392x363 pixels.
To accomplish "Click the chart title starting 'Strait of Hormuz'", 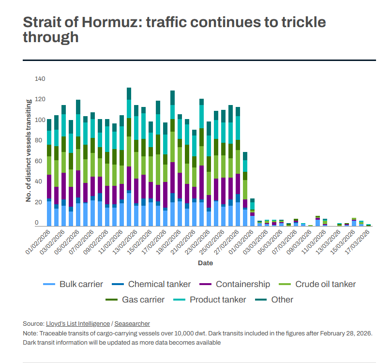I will coord(174,30).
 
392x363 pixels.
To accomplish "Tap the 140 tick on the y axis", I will coord(40,79).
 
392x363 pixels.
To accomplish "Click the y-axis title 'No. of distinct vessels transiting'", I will coord(29,151).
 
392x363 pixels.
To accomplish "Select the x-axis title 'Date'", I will coord(205,263).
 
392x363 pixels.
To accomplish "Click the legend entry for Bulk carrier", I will coord(73,284).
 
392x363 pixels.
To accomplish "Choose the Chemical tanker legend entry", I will coord(153,284).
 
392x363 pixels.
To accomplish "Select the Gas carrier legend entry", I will coord(135,300).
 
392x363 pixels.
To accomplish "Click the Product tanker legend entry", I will coord(211,300).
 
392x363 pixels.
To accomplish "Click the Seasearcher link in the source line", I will coord(132,323).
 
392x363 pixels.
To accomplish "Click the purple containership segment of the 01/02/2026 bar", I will coord(49,186).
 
